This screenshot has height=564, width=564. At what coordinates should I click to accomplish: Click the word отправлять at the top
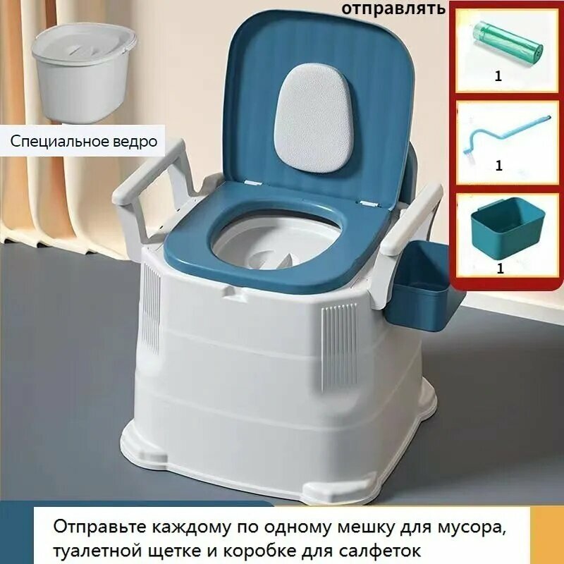394,8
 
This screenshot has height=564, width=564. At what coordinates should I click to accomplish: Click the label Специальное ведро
83,141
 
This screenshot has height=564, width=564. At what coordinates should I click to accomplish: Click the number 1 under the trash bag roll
498,77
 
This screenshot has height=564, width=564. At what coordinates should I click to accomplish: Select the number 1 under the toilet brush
499,166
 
